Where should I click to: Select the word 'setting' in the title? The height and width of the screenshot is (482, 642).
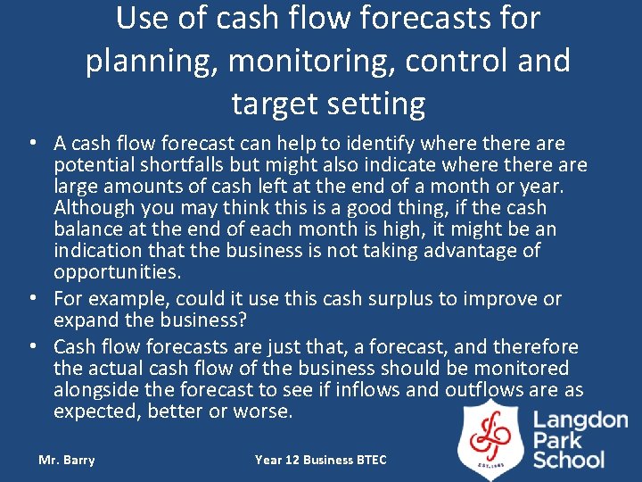tap(376, 104)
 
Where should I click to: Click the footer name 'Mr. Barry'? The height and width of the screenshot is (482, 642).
tap(66, 460)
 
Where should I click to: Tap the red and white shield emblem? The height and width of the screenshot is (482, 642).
tap(490, 437)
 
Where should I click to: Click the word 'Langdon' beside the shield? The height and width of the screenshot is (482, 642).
tap(580, 420)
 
